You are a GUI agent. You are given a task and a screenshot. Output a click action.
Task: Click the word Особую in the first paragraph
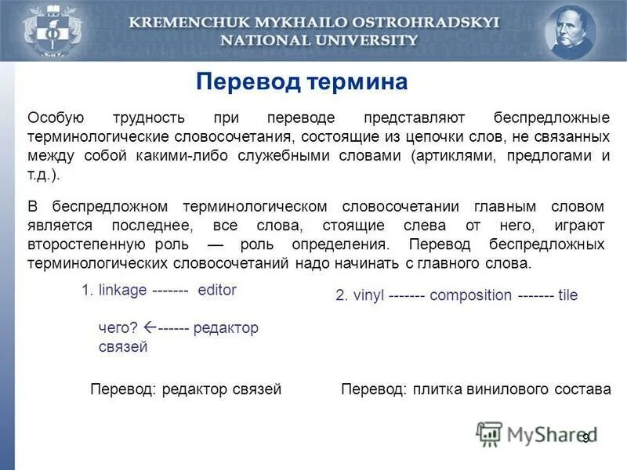point(56,118)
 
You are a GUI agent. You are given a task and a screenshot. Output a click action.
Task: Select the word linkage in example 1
point(122,290)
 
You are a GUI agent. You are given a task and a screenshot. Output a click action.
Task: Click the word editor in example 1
point(217,290)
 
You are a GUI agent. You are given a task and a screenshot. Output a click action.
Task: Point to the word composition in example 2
point(470,295)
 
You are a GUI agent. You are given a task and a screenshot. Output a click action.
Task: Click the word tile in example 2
point(567,295)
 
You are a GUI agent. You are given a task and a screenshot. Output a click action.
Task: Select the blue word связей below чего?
point(123,347)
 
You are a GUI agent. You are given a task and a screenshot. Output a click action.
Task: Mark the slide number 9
point(585,436)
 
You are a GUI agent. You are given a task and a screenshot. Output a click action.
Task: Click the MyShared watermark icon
point(490,433)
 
